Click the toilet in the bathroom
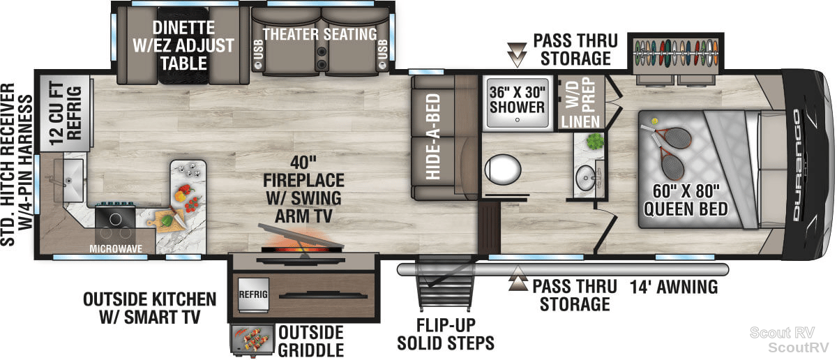503,170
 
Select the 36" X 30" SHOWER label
517,100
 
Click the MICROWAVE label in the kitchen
116,248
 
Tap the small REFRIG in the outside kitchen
253,294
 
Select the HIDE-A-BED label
433,137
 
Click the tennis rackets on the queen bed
668,150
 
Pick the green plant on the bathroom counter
595,142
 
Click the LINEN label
580,121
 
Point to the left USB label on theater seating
259,50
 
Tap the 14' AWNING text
674,287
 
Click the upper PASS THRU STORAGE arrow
517,54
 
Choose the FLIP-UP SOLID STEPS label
446,334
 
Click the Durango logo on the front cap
797,165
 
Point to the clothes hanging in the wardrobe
676,52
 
